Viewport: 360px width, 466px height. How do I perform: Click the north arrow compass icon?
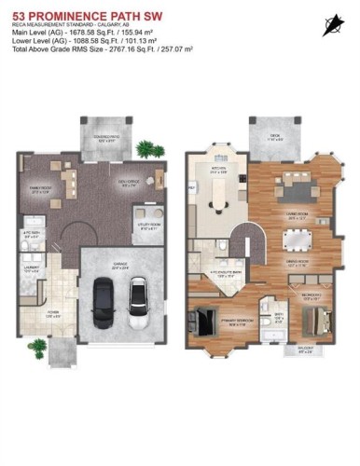tap(330, 25)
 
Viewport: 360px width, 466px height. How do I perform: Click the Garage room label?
tap(120, 265)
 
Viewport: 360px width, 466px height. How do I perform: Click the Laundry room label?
tap(31, 271)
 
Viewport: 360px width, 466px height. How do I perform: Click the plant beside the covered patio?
tap(146, 149)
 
